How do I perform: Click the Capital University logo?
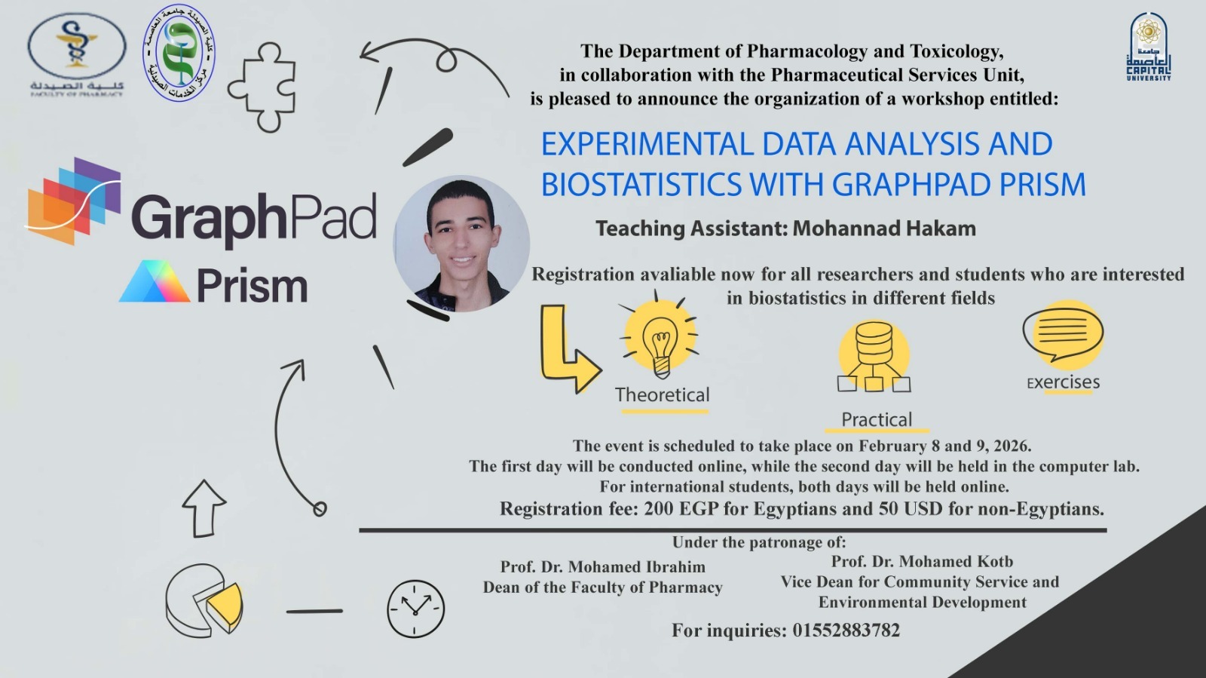pyautogui.click(x=1148, y=47)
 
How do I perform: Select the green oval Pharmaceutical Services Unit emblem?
pyautogui.click(x=179, y=53)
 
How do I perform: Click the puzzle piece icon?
pyautogui.click(x=262, y=87)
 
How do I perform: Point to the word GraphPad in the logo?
pyautogui.click(x=253, y=218)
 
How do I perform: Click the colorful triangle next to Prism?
pyautogui.click(x=154, y=282)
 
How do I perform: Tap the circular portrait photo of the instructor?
pyautogui.click(x=461, y=244)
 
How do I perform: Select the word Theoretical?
pyautogui.click(x=662, y=394)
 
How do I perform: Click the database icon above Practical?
pyautogui.click(x=874, y=354)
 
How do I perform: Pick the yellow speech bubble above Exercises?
pyautogui.click(x=1063, y=333)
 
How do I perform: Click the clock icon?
pyautogui.click(x=415, y=608)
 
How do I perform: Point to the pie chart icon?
pyautogui.click(x=204, y=600)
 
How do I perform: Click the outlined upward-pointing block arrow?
pyautogui.click(x=204, y=508)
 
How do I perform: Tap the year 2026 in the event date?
pyautogui.click(x=1010, y=446)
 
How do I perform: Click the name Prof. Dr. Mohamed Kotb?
pyautogui.click(x=921, y=561)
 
